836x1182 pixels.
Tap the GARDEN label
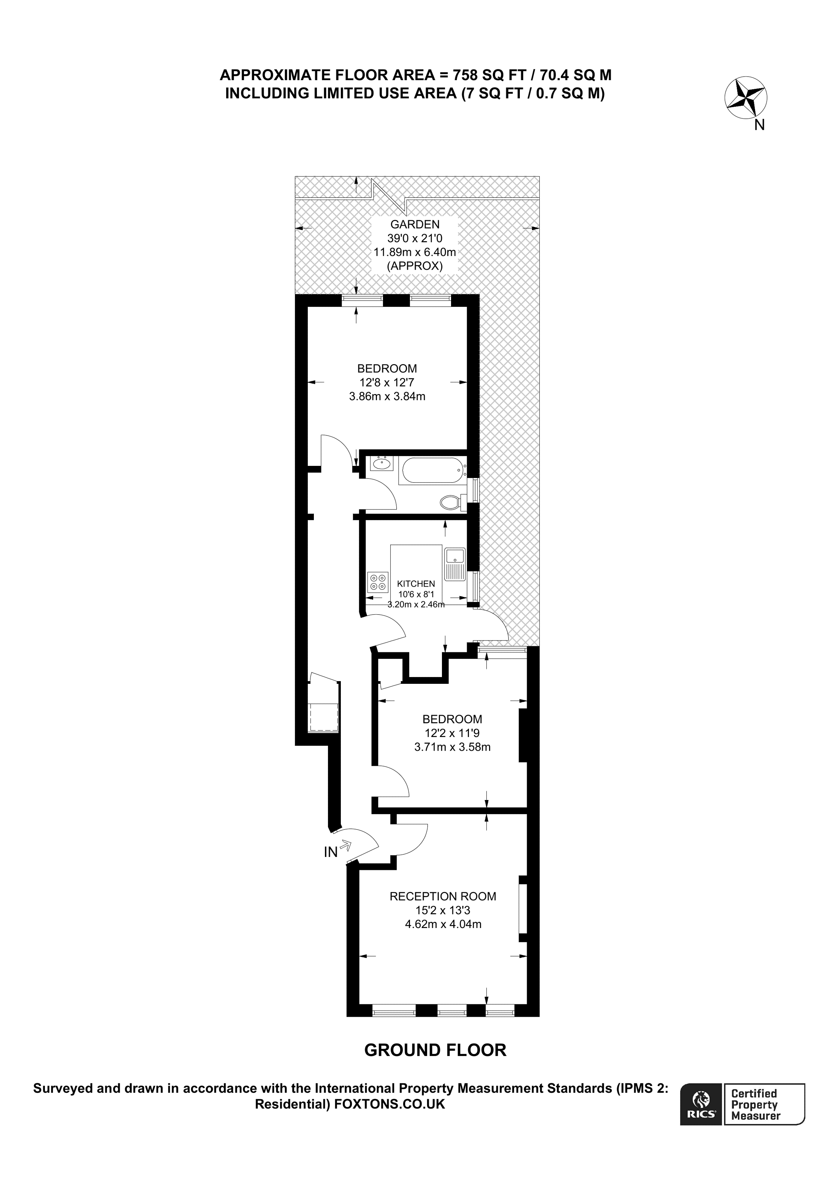415,224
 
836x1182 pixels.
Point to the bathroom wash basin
382,463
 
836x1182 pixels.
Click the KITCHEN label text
416,584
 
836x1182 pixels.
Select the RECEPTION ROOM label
442,896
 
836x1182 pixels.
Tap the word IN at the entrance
330,852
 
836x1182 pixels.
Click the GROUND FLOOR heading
435,1050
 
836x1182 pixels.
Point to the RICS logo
700,1103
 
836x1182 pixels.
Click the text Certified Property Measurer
755,1104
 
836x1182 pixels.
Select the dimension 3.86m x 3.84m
387,396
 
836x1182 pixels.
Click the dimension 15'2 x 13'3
442,910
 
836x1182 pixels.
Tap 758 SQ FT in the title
489,75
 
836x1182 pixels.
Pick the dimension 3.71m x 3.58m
452,747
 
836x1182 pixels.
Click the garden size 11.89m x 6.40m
415,252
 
